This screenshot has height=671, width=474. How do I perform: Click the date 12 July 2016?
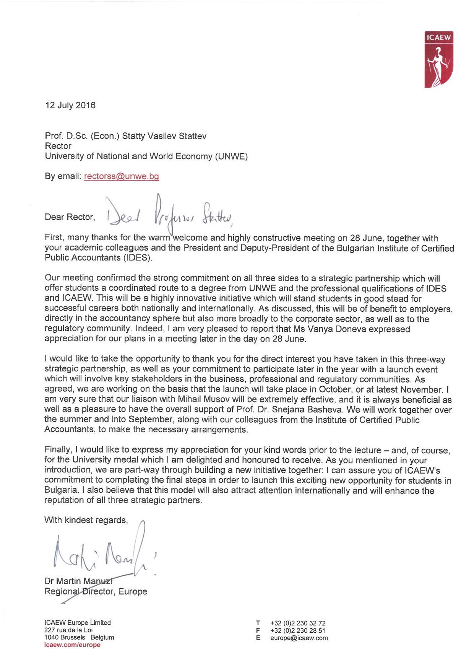click(x=70, y=105)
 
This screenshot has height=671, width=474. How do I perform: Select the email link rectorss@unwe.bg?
click(x=121, y=176)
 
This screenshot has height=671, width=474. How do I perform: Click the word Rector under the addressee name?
click(x=58, y=146)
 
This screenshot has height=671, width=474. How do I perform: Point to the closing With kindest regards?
click(x=86, y=520)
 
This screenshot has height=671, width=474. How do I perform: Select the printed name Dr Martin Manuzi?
click(x=78, y=581)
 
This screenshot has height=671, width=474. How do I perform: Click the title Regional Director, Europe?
click(x=96, y=591)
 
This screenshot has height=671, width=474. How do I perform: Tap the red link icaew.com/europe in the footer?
click(x=72, y=645)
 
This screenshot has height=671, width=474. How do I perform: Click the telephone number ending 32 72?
click(x=298, y=623)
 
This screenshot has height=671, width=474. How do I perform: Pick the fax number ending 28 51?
click(x=298, y=630)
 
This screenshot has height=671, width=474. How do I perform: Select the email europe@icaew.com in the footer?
click(x=299, y=638)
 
